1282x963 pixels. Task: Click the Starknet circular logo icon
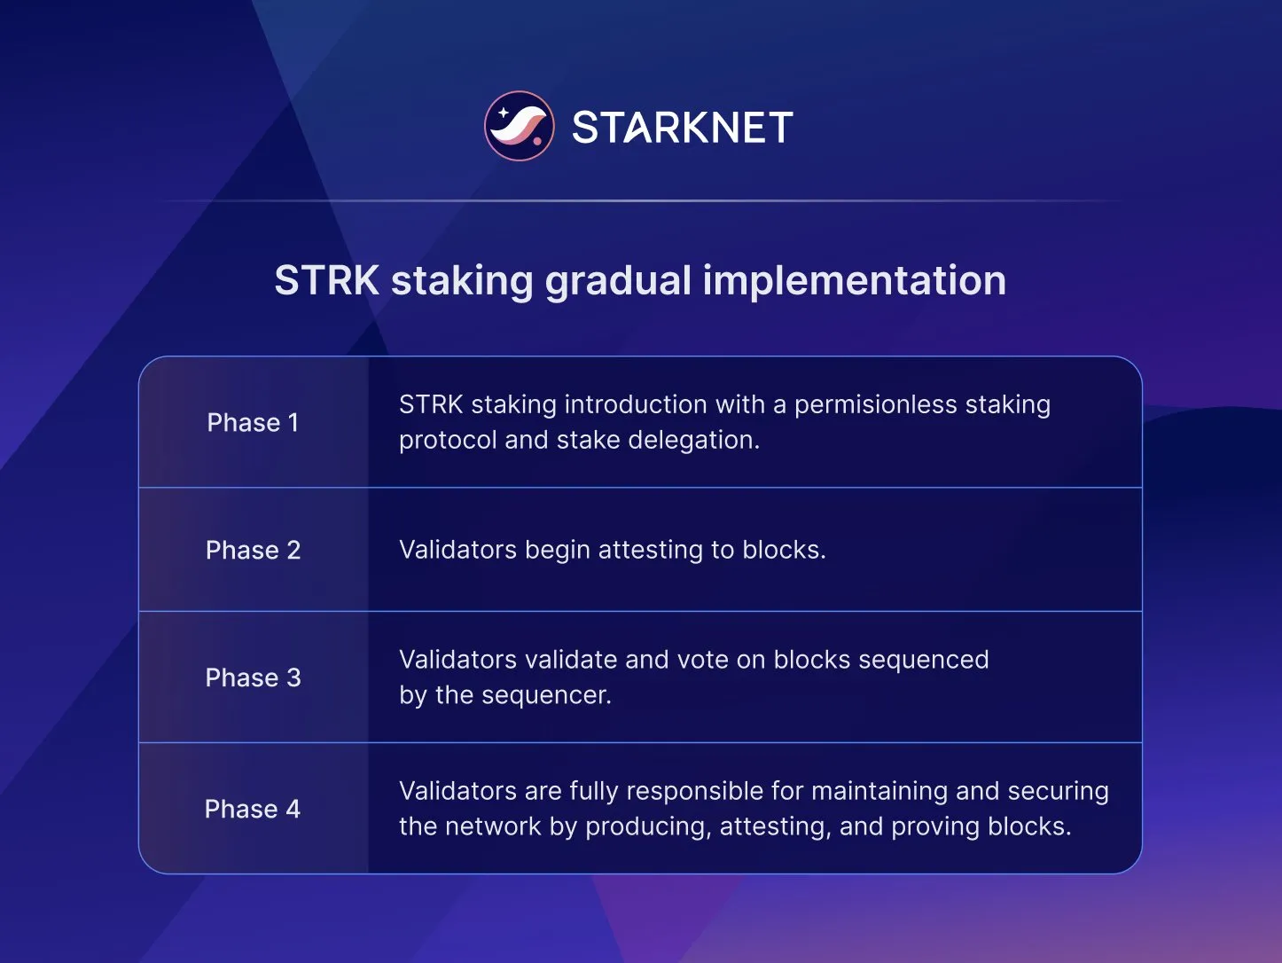coord(519,126)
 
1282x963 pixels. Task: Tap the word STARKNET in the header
coord(682,128)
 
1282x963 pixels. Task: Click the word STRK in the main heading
coord(326,280)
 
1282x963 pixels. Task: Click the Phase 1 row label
coord(253,422)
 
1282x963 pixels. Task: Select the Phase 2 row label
coord(253,550)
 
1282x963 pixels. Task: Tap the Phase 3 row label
coord(253,677)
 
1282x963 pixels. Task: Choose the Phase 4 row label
coord(253,809)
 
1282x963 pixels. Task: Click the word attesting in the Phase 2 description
coord(651,550)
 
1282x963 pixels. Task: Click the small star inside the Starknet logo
coord(502,113)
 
